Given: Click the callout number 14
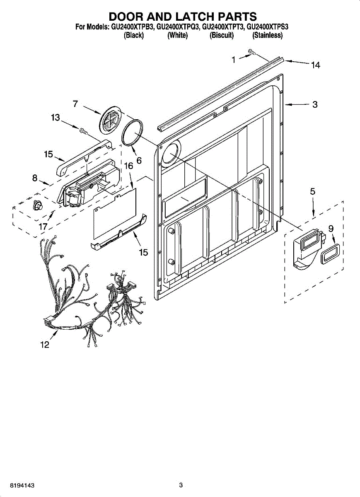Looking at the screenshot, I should [315, 65].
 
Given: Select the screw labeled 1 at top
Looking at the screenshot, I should [252, 52].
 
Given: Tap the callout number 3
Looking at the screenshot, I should [315, 105].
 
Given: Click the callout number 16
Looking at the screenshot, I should [128, 166].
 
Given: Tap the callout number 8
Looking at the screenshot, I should [35, 179].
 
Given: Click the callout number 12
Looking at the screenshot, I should [44, 345].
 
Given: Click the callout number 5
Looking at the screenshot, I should [312, 191].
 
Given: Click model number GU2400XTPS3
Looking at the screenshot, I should [267, 27].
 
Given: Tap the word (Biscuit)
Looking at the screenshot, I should [222, 36].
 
